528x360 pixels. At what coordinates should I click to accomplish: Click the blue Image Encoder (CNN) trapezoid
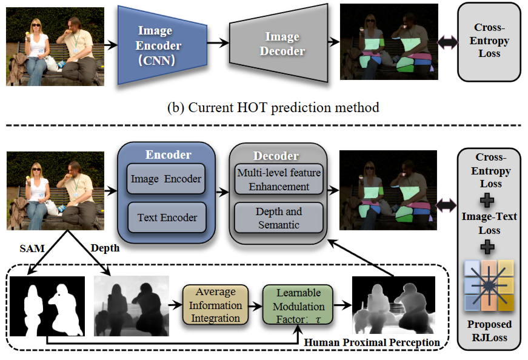coord(162,45)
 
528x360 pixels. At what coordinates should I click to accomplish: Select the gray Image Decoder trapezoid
coord(278,44)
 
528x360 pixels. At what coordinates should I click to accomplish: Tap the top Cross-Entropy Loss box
coord(489,42)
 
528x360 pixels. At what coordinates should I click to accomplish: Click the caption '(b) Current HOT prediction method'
coord(273,107)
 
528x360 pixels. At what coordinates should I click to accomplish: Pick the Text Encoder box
coord(167,218)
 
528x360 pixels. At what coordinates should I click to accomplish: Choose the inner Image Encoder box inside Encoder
coord(165,179)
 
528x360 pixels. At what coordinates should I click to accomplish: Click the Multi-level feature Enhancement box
coord(279,179)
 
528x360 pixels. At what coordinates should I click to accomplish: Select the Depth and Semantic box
coord(278,218)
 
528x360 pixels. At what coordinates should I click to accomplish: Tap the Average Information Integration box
coord(216,305)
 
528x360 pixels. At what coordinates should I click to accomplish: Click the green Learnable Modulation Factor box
coord(298,305)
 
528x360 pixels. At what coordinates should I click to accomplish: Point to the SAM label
coord(32,248)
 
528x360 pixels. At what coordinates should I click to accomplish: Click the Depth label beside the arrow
coord(105,248)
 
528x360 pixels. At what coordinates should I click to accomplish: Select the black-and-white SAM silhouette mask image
coord(47,306)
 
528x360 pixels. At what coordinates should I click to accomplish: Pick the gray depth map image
coord(132,306)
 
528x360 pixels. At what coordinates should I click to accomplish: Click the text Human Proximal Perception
coord(372,342)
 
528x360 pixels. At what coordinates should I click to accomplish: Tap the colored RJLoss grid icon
coord(489,285)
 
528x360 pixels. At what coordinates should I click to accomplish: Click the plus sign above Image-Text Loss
coord(487,201)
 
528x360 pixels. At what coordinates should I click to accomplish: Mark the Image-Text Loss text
coord(489,223)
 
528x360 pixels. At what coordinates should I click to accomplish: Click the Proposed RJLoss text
coord(489,331)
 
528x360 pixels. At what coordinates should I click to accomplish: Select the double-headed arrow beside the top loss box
coord(447,42)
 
